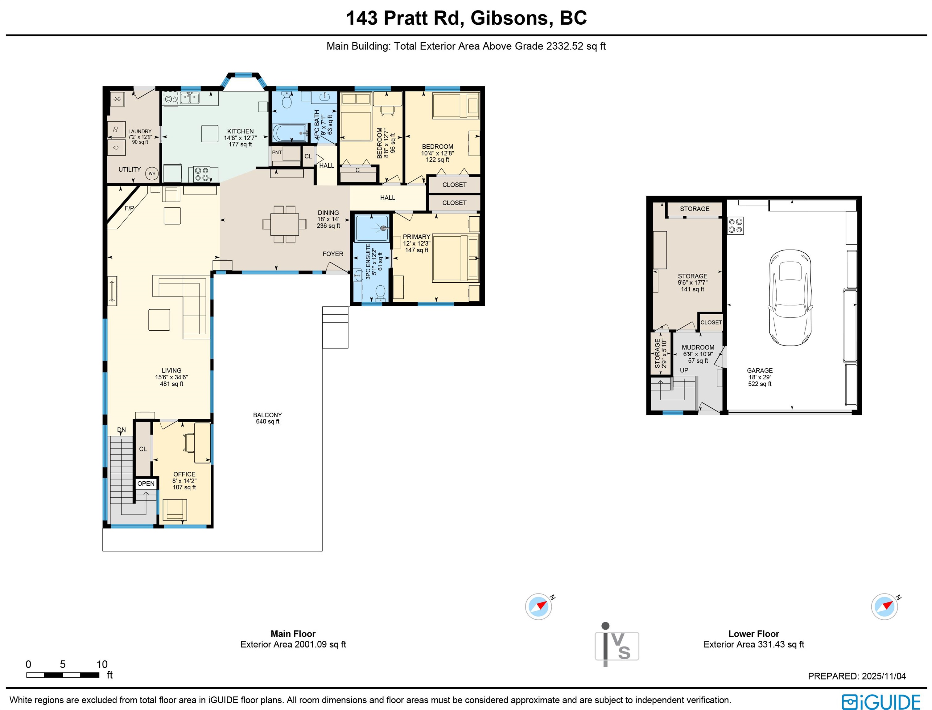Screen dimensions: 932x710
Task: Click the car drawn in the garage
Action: [790, 297]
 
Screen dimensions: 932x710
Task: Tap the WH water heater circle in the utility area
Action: [152, 173]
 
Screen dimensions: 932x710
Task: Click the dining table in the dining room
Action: [284, 224]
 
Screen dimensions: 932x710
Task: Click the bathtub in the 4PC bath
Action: [290, 133]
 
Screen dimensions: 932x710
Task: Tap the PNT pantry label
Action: [277, 153]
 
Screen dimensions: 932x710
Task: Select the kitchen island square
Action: [210, 133]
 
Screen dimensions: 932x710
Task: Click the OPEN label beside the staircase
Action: [146, 484]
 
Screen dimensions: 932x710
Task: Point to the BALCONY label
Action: [268, 415]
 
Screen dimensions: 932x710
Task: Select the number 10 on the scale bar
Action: [102, 664]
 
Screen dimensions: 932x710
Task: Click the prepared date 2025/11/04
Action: [884, 676]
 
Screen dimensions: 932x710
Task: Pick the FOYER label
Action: [333, 254]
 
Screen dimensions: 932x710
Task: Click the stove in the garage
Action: [735, 226]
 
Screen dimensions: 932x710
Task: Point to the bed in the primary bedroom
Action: [456, 258]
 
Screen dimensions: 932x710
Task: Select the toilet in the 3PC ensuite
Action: [381, 293]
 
